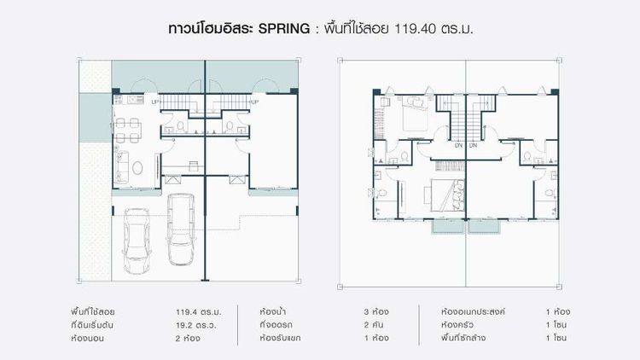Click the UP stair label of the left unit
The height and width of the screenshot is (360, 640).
pos(155,102)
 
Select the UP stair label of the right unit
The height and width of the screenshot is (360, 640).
pos(253,102)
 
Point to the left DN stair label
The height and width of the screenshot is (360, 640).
pos(458,146)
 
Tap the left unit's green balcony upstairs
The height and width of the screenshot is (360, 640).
pos(446,226)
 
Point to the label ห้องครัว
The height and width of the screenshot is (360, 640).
pos(456,325)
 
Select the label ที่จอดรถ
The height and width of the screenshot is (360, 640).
pos(277,325)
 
